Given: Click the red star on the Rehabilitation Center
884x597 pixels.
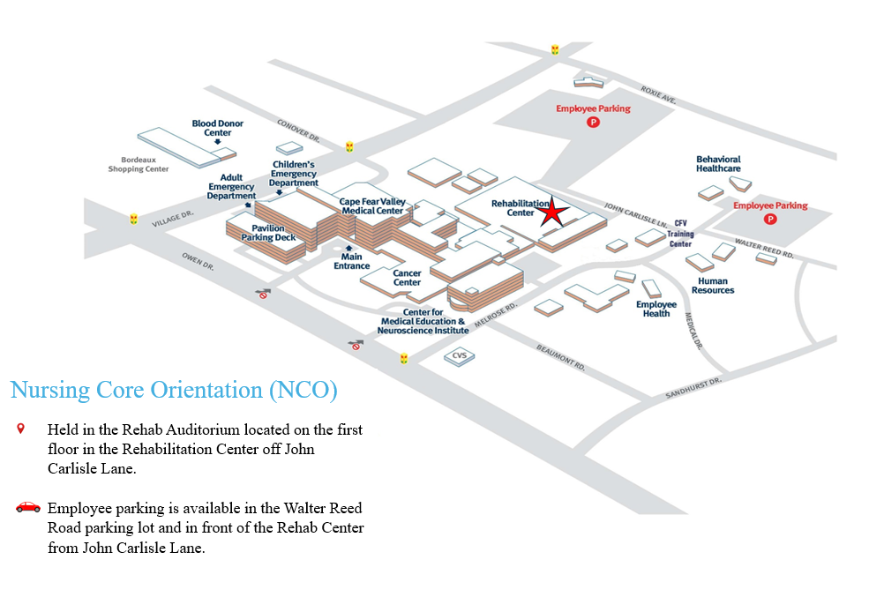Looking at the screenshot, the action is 552,212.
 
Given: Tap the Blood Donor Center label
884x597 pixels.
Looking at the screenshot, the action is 218,128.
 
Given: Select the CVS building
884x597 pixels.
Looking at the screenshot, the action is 459,355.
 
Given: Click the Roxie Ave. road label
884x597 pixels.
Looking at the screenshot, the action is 658,94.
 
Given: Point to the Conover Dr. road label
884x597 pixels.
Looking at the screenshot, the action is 298,131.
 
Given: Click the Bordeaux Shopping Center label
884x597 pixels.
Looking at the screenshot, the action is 139,164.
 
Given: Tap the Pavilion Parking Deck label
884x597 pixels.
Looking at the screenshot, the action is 268,233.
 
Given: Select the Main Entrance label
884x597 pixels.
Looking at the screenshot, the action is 351,261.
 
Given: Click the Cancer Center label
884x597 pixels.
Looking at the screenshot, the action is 407,278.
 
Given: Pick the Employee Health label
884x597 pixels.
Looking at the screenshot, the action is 656,309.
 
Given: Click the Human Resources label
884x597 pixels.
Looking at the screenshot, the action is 713,286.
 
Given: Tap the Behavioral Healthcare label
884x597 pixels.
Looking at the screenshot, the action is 718,163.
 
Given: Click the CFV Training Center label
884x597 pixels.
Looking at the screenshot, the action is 680,234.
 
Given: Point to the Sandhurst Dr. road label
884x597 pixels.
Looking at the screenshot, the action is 693,388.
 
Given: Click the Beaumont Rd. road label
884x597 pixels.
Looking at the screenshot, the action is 560,357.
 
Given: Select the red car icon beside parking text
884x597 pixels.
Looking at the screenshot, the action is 28,507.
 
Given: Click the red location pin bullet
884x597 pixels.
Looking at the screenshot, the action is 21,429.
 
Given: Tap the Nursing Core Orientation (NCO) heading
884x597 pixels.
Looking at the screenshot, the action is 174,390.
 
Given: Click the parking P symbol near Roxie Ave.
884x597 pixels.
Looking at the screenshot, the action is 593,122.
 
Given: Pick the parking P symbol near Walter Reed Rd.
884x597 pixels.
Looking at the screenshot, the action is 770,219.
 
